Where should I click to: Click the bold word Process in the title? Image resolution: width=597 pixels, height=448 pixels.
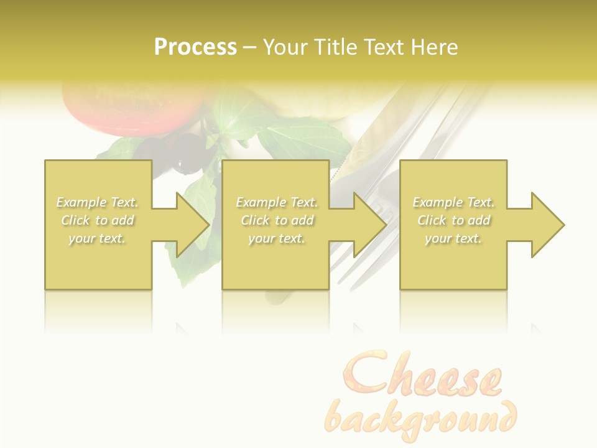[195, 47]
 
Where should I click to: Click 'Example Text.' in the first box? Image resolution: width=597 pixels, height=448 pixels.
[98, 202]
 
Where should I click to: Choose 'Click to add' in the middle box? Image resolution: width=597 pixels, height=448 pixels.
[277, 220]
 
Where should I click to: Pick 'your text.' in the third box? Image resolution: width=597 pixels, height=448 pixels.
[453, 238]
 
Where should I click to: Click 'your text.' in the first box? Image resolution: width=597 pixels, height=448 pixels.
[98, 238]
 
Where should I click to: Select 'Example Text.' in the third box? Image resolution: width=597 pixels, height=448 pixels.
[453, 202]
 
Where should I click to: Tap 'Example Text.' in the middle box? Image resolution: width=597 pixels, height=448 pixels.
[277, 202]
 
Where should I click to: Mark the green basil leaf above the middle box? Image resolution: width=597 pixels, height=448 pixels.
[292, 140]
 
